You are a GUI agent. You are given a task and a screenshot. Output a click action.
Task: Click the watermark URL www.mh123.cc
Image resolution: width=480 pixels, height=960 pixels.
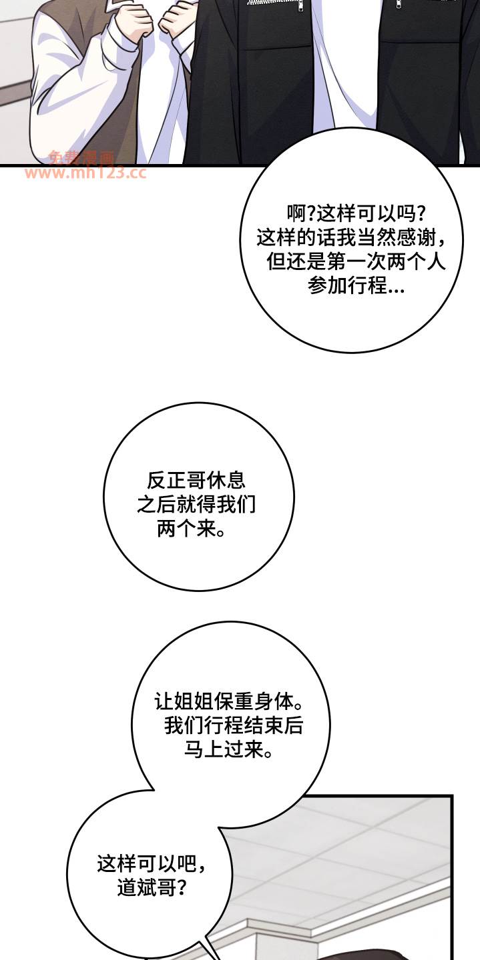pos(85,173)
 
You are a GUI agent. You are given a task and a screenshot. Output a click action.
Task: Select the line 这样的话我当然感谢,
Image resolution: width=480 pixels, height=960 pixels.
pos(351,237)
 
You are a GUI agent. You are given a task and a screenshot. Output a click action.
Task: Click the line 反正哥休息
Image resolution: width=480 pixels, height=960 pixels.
pos(196,481)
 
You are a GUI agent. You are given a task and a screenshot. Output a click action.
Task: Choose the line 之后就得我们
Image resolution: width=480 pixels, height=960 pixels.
pos(196,505)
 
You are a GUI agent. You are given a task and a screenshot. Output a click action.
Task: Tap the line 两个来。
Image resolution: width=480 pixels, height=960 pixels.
pos(192,529)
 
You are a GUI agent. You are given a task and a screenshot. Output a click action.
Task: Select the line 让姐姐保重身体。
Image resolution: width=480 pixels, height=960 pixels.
pos(229,702)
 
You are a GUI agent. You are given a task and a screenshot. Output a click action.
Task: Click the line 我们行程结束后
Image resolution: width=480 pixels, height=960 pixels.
pos(234,726)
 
